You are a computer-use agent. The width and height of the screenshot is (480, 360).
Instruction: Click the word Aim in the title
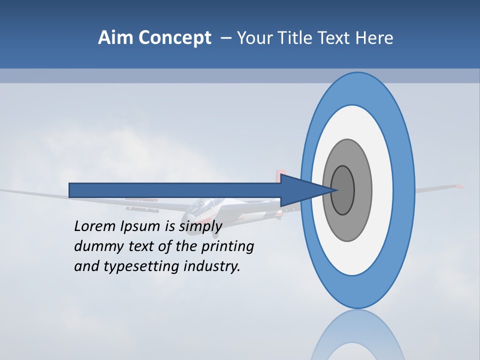pyautogui.click(x=115, y=37)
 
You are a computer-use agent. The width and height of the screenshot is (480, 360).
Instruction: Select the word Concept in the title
pyautogui.click(x=174, y=38)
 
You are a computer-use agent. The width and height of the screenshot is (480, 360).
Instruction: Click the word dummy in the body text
pyautogui.click(x=94, y=246)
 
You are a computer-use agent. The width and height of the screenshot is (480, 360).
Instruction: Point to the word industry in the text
pyautogui.click(x=212, y=267)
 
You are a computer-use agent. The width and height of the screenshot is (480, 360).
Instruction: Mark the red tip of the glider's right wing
pyautogui.click(x=458, y=186)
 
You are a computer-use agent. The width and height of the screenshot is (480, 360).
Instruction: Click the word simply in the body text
pyautogui.click(x=200, y=227)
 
